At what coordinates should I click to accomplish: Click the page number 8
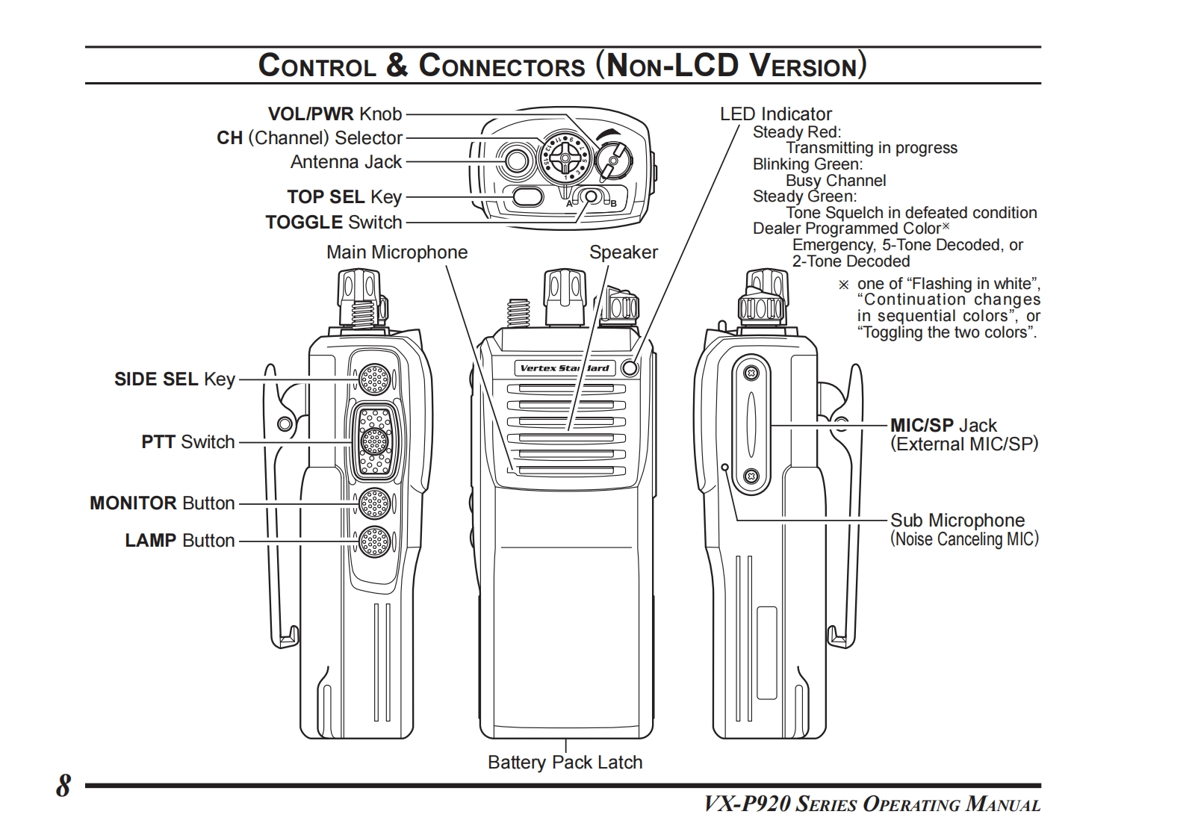[x=63, y=785]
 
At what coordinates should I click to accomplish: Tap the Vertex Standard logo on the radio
[x=565, y=368]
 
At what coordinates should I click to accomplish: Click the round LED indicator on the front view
[x=630, y=367]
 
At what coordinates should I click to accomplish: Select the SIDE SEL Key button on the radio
[x=375, y=379]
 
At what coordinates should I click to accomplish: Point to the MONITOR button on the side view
[x=375, y=503]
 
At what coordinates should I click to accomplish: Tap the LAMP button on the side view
[x=375, y=541]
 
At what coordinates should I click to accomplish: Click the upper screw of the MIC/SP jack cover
[x=751, y=373]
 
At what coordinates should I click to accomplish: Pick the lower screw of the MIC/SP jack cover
[x=751, y=475]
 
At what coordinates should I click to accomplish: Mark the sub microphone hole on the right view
[x=724, y=467]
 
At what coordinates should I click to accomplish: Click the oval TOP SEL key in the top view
[x=527, y=197]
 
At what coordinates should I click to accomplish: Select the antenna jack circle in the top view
[x=516, y=160]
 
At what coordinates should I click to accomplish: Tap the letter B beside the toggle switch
[x=613, y=204]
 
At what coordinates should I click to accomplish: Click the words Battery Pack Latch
[x=565, y=762]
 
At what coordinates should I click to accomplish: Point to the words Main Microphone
[x=397, y=252]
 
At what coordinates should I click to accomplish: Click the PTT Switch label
[x=188, y=441]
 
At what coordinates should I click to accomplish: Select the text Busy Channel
[x=836, y=180]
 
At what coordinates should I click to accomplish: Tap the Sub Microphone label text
[x=957, y=520]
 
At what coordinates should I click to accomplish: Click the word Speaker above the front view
[x=623, y=252]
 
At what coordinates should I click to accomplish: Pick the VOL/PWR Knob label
[x=335, y=114]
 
